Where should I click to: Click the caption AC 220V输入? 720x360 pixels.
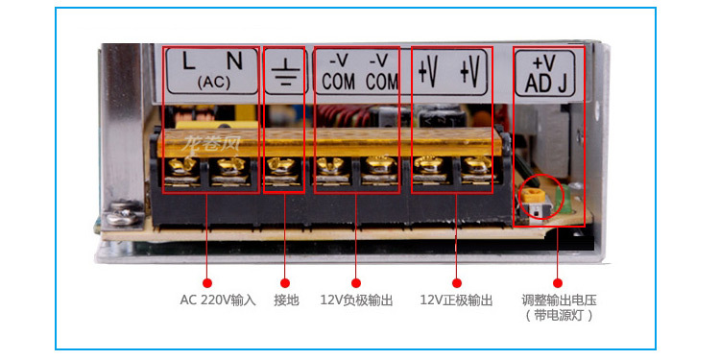[x=217, y=300]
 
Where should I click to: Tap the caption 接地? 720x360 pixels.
[x=287, y=300]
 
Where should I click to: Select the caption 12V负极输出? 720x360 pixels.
[x=356, y=300]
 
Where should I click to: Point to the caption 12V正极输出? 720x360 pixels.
[x=456, y=300]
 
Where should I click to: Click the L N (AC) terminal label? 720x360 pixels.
[x=212, y=70]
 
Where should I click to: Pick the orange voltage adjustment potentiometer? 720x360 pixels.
[x=529, y=198]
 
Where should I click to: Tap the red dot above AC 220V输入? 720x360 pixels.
[x=206, y=282]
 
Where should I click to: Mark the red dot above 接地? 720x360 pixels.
[x=284, y=282]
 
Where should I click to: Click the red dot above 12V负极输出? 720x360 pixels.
[x=355, y=282]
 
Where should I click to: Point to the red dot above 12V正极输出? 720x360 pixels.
[x=456, y=282]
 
